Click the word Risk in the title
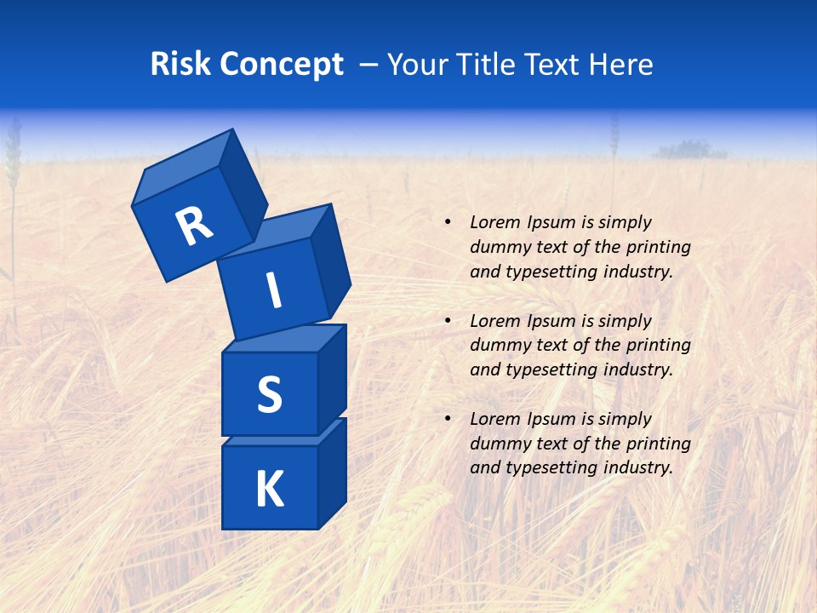coord(180,65)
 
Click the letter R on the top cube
coord(194,226)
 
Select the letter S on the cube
coord(270,394)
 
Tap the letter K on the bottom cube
coord(270,490)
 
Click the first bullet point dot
coord(448,222)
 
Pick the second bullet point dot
coord(448,321)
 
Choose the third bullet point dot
coord(448,419)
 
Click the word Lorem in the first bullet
coord(494,222)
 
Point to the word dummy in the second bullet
coord(498,346)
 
